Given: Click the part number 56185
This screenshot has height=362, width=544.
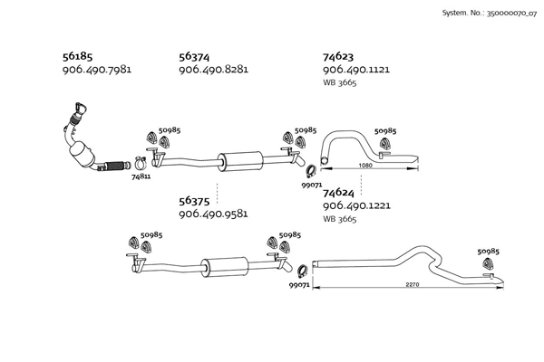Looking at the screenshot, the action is click(77, 56).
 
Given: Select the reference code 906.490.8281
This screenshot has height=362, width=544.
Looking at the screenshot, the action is click(213, 70).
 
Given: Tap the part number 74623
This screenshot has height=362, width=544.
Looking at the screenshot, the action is click(338, 56).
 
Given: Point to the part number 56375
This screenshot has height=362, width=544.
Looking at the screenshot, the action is click(194, 201).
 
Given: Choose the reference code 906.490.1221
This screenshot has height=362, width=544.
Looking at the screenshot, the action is click(356, 205).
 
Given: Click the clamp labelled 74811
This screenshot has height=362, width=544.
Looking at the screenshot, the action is click(141, 163).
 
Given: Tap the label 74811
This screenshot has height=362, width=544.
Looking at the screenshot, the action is click(141, 176).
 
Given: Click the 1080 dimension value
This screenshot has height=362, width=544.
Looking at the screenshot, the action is click(365, 166).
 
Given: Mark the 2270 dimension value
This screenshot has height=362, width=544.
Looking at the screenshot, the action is click(413, 284).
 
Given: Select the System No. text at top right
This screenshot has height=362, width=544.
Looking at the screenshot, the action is click(490, 14).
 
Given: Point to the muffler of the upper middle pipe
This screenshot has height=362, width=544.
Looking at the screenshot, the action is click(240, 161).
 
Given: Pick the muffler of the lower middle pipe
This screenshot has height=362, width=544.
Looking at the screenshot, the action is click(225, 267).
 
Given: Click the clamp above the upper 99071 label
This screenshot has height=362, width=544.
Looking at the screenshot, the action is click(311, 171).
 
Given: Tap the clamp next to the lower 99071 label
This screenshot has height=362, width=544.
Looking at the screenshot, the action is click(303, 271).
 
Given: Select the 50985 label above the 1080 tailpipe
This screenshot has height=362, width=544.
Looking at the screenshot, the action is click(385, 131).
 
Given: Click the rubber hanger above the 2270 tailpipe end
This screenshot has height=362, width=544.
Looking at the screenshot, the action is click(489, 264).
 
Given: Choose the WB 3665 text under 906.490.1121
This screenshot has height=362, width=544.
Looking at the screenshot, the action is click(340, 82).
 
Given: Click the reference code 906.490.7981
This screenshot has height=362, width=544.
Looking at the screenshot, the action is click(97, 70).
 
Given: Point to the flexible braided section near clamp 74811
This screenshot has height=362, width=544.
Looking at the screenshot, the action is click(115, 167).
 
